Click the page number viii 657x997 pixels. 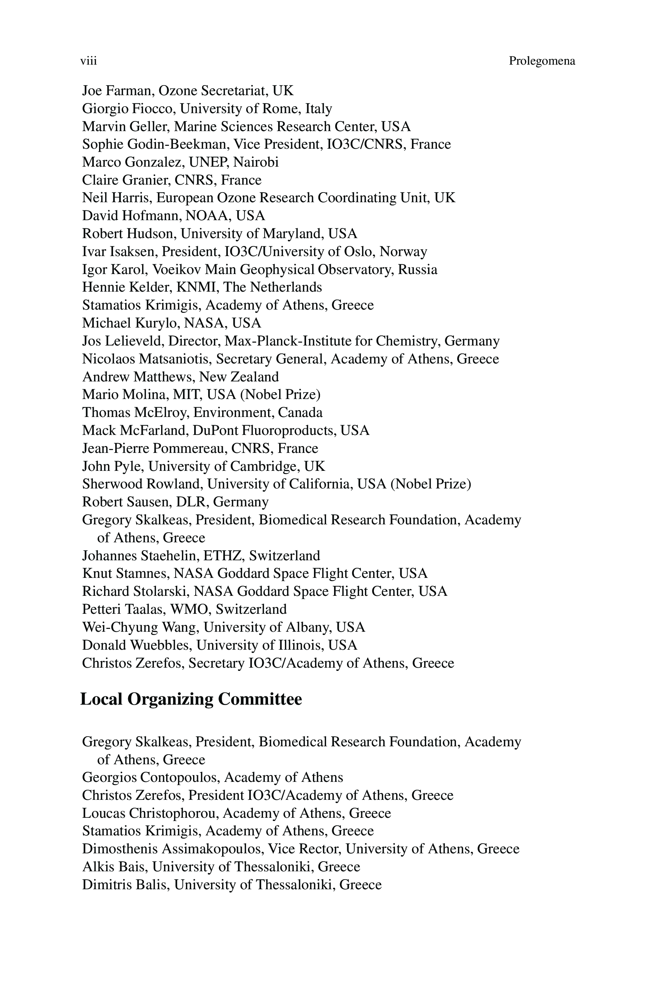click(88, 61)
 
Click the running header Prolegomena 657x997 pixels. click(542, 61)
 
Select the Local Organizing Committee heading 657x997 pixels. click(191, 699)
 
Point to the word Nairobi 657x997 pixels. click(255, 162)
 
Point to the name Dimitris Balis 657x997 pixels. click(125, 885)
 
